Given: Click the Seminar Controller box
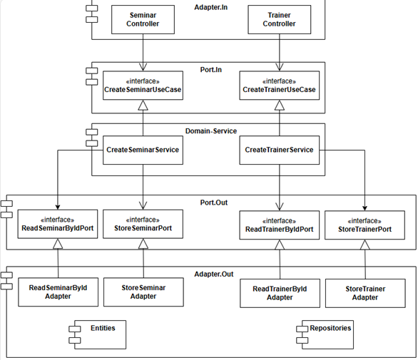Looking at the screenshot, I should [143, 19].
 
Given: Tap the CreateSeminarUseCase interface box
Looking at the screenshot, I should [143, 86].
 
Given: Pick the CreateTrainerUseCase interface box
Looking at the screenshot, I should [279, 86].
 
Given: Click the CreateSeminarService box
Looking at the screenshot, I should [143, 150].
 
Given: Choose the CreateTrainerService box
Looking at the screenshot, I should [279, 150].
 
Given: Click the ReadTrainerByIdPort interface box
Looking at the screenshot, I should [279, 225].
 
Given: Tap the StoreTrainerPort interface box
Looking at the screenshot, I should [366, 225].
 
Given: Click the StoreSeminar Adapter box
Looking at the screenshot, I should [143, 292].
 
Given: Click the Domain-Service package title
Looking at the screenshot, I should [211, 131].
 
